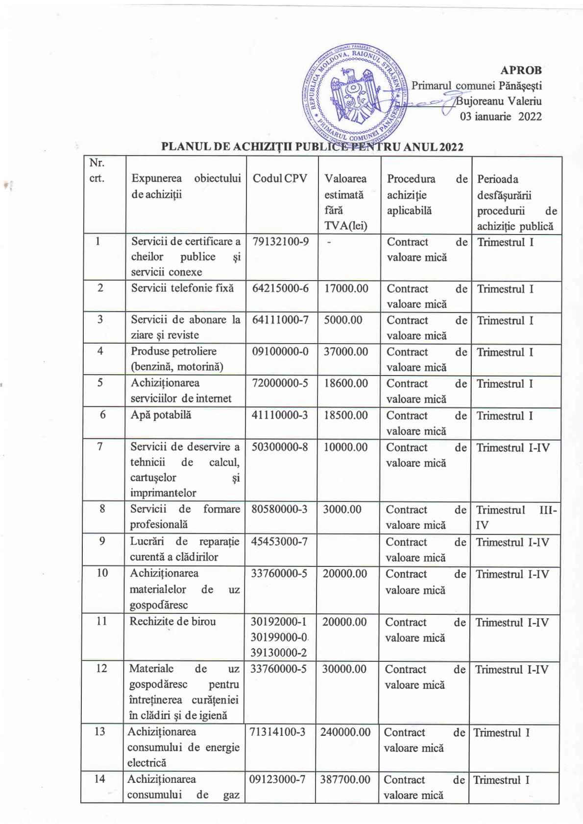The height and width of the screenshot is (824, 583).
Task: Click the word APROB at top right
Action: click(x=521, y=70)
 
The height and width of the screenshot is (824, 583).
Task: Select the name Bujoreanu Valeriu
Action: click(x=499, y=101)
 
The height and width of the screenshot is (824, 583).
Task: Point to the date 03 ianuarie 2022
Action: click(x=500, y=117)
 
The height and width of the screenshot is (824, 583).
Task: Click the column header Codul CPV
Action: click(x=280, y=179)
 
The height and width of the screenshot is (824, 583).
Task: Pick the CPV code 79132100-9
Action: click(x=280, y=241)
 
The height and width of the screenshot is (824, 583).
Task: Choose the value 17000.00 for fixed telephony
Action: click(x=346, y=288)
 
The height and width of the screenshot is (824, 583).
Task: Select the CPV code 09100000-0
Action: click(x=280, y=352)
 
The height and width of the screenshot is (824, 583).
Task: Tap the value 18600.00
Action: click(x=345, y=383)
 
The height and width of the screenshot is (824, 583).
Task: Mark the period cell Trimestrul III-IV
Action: click(x=516, y=517)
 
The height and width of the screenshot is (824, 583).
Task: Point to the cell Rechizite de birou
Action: click(x=172, y=621)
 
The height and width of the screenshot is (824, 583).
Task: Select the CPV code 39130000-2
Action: click(x=278, y=652)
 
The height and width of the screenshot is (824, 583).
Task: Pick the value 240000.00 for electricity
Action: click(x=345, y=732)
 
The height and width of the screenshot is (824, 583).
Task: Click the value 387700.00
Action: click(x=345, y=779)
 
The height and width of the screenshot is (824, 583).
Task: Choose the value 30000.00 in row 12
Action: click(x=344, y=669)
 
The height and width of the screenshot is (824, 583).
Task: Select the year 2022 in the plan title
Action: click(x=451, y=147)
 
